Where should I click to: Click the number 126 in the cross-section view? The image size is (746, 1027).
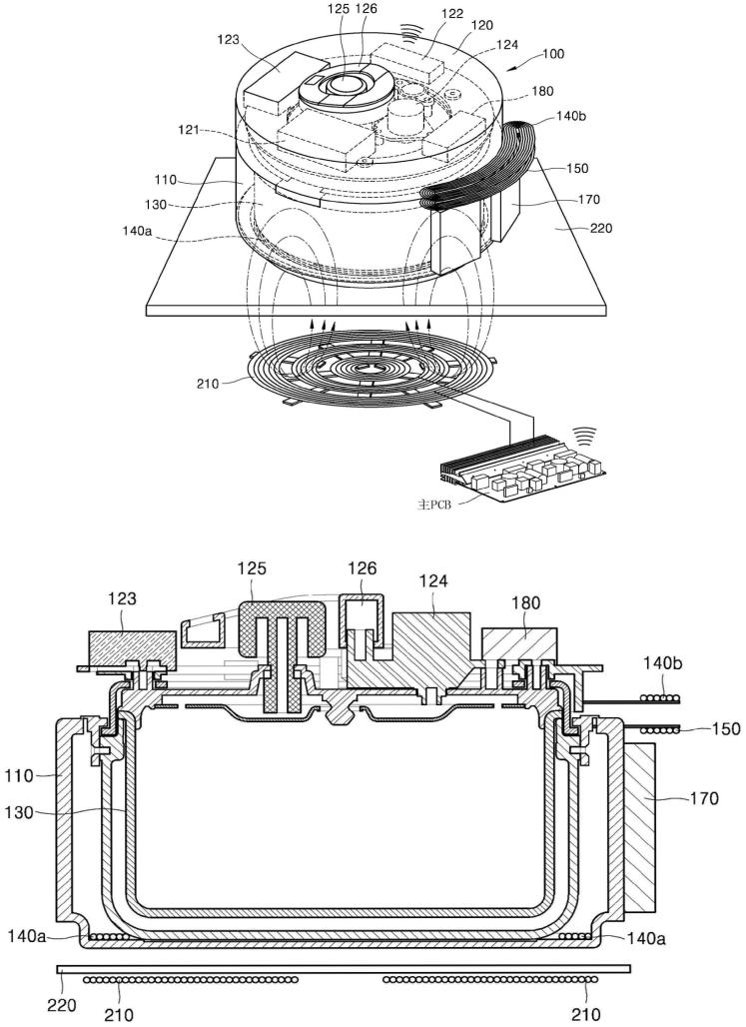point(362,568)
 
